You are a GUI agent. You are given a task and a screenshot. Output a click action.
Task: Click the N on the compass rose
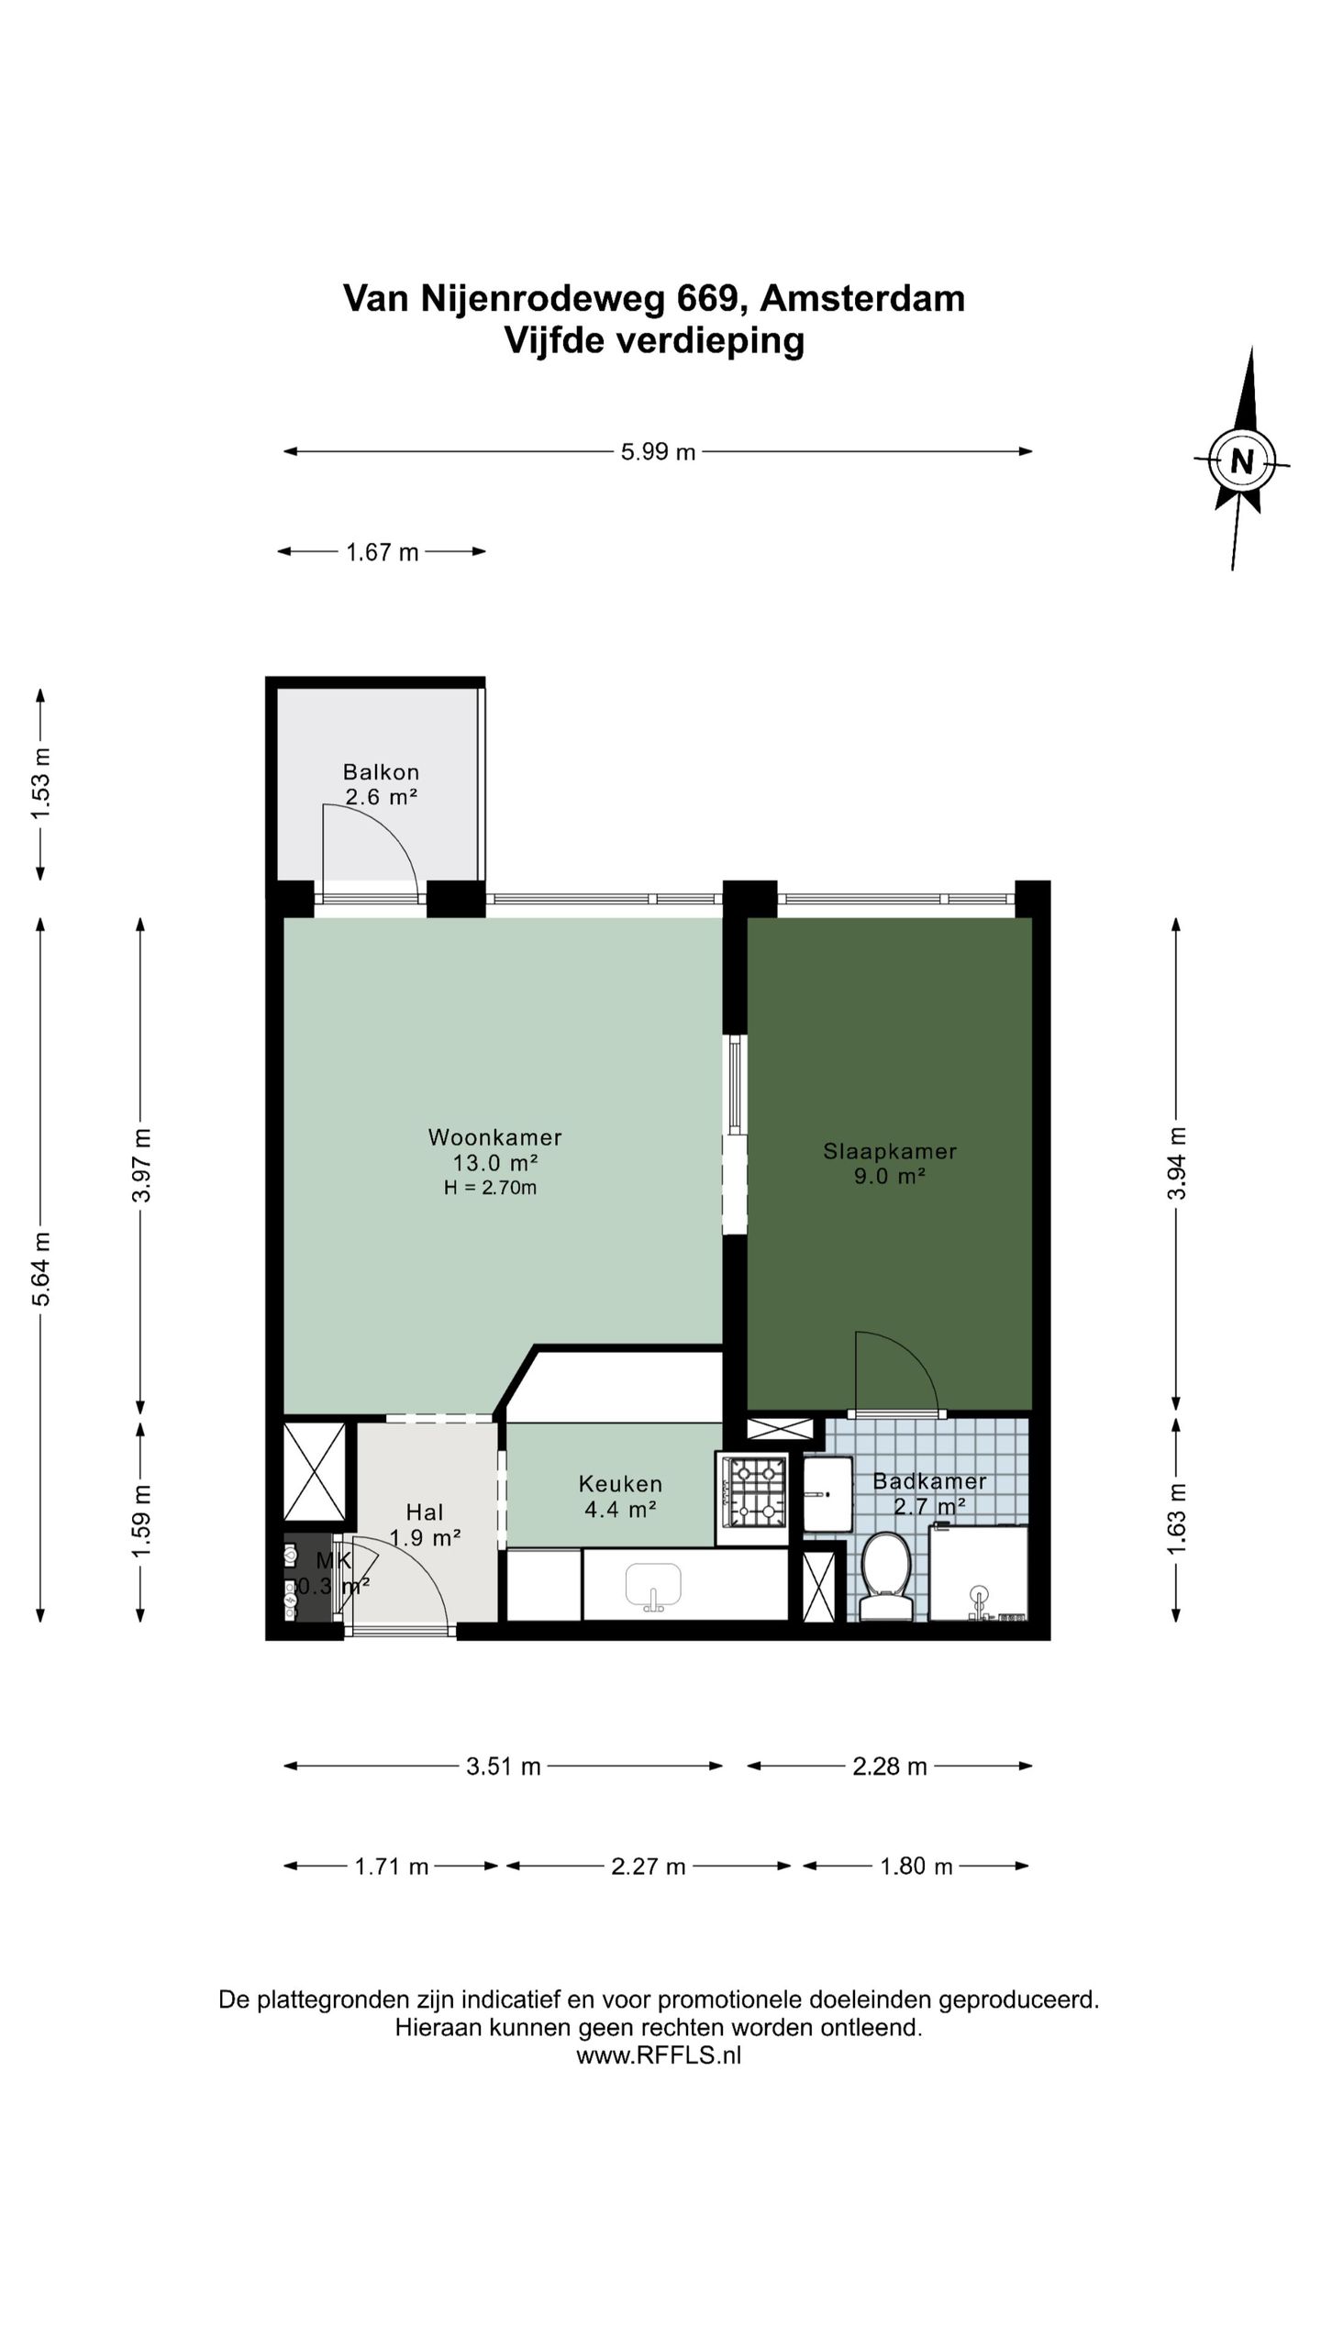1241,460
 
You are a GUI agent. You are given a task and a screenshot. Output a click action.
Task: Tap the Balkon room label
381,771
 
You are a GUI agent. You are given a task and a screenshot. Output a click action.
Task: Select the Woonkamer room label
494,1137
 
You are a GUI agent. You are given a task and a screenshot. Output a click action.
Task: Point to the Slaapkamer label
889,1151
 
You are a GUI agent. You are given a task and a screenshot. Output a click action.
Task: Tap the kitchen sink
653,1588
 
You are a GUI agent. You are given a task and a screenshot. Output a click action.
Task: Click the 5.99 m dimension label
658,451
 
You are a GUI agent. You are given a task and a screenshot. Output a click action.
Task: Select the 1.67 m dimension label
382,552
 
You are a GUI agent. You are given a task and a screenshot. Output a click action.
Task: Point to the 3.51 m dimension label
503,1767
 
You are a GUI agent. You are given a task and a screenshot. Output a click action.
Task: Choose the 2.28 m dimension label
889,1767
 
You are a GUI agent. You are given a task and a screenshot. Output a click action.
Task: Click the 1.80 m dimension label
916,1866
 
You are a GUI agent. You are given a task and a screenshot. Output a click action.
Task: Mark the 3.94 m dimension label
1177,1163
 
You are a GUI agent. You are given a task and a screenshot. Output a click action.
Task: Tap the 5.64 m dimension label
40,1268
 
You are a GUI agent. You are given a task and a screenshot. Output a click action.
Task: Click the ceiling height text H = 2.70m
490,1188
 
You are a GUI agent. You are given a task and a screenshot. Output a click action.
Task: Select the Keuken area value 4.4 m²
620,1509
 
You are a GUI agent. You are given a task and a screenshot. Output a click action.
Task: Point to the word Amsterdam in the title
862,299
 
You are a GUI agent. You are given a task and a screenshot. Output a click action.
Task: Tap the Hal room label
425,1512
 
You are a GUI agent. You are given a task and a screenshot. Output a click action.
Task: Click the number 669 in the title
707,299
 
